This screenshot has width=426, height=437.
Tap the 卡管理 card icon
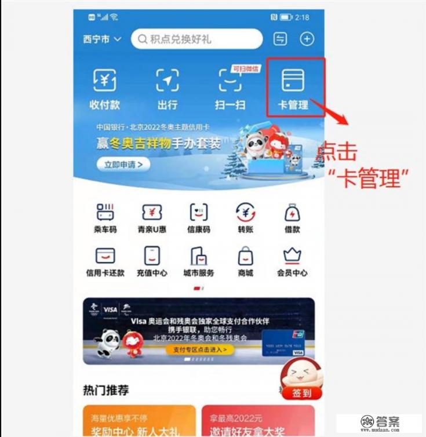293,81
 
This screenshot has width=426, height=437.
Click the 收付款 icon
105,81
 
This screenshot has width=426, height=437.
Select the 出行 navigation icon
167,81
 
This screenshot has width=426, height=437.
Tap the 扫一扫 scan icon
230,81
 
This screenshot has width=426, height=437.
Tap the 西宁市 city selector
102,39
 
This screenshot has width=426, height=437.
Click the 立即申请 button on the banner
123,165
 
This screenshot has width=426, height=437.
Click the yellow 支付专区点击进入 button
200,349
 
